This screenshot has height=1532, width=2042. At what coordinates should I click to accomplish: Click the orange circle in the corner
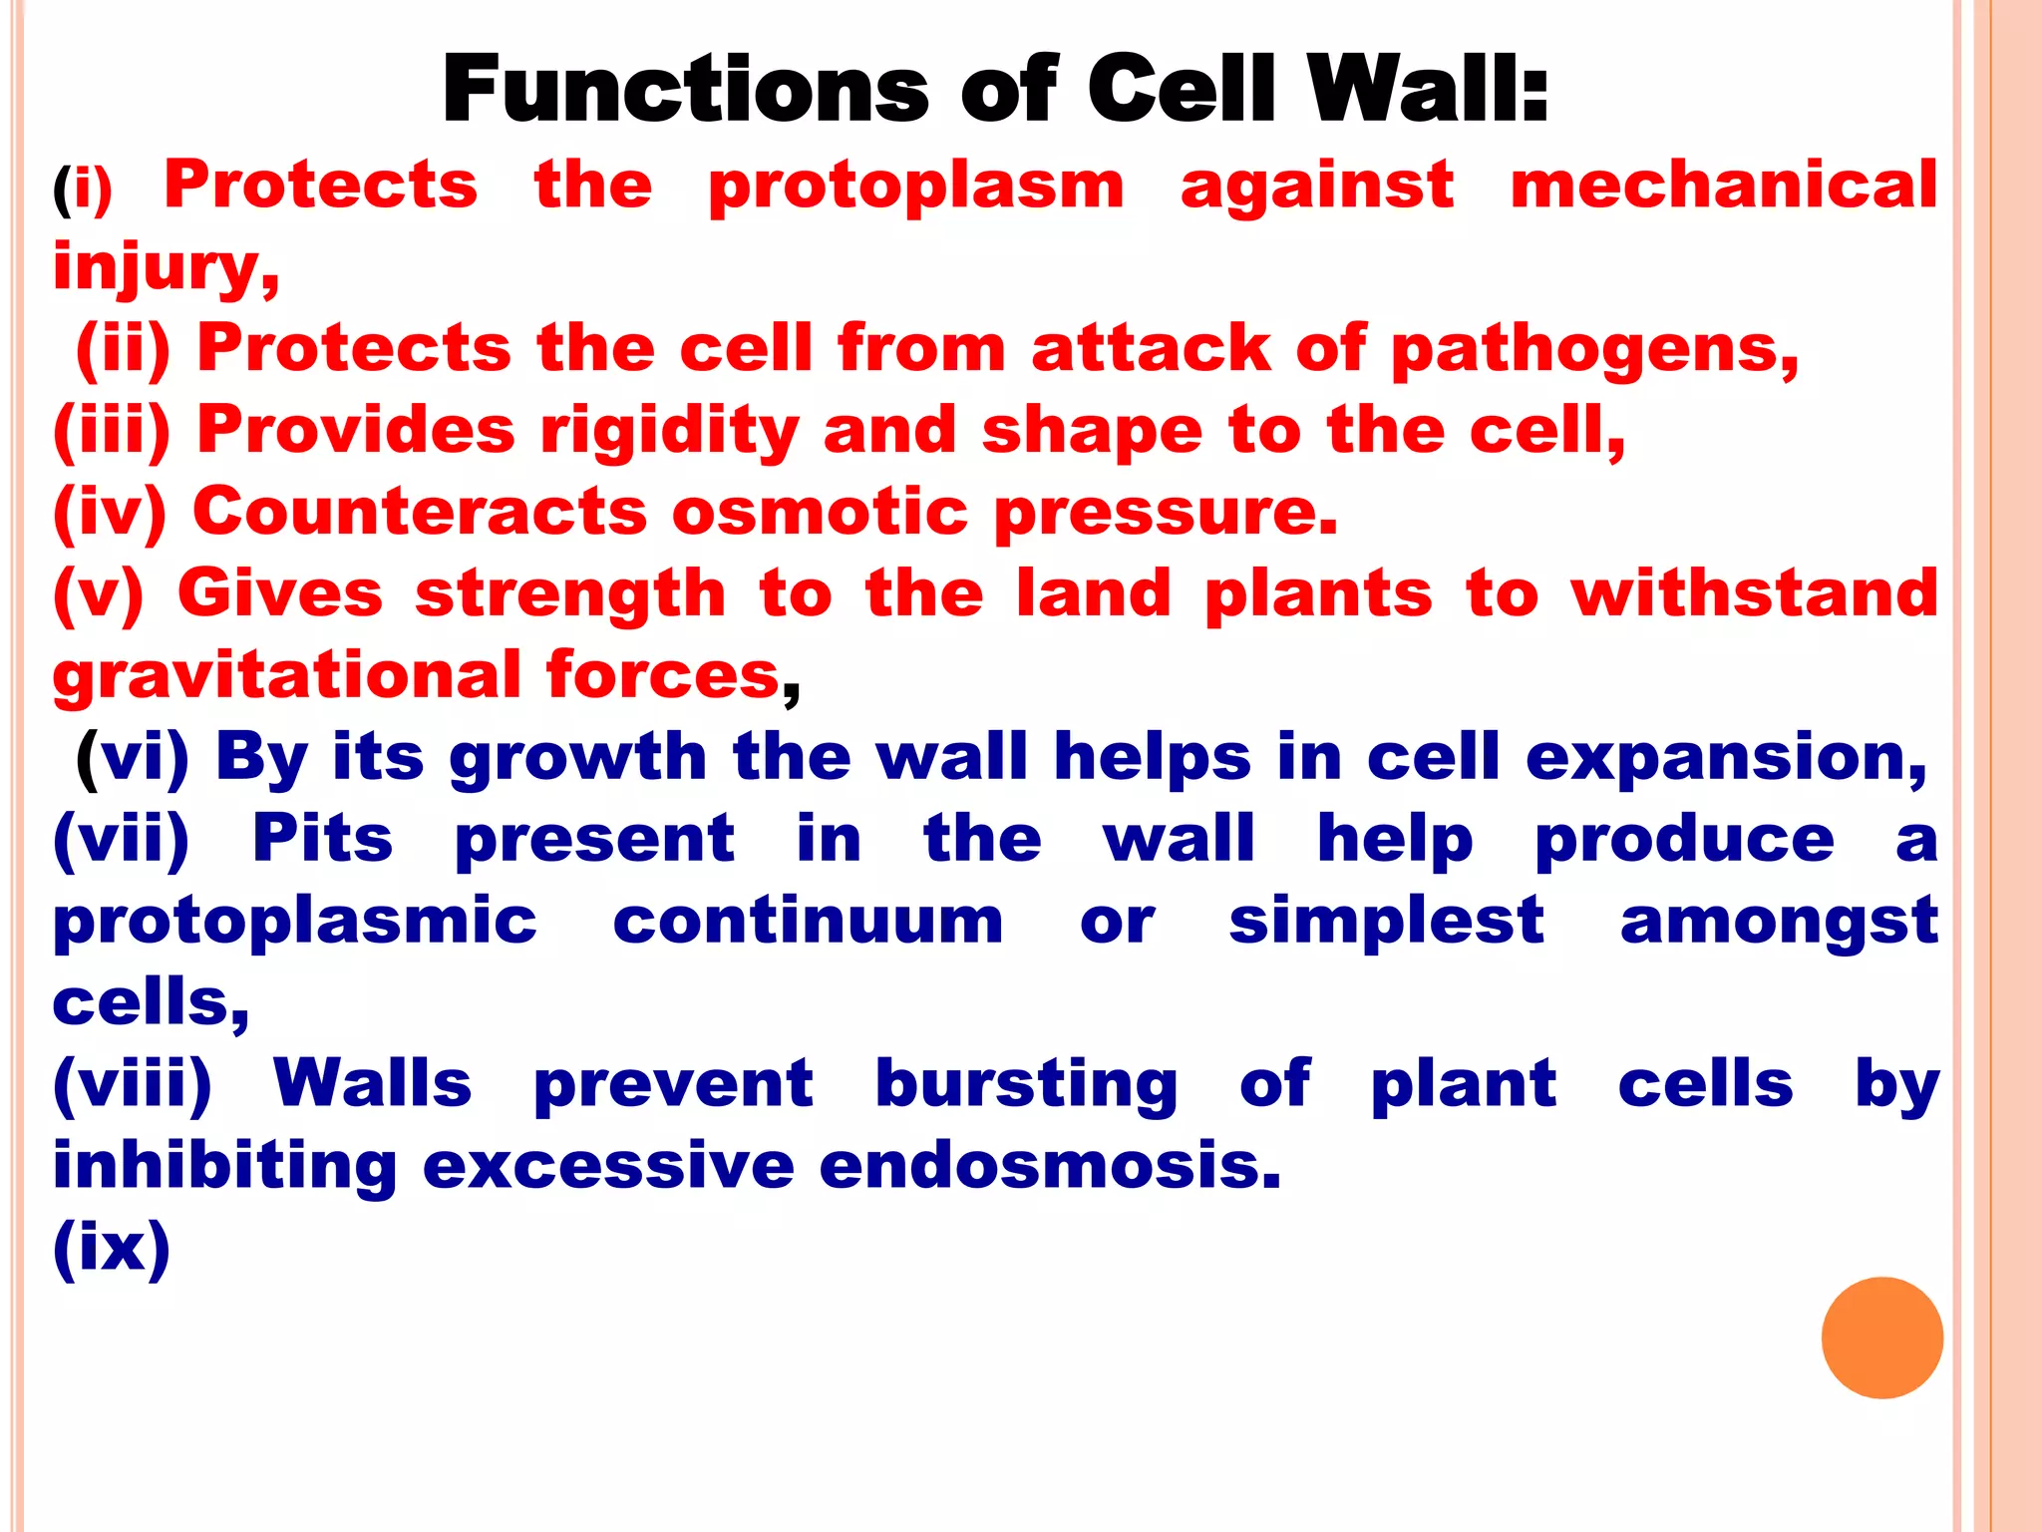[x=1881, y=1338]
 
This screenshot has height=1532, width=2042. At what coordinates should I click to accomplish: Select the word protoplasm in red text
[x=915, y=188]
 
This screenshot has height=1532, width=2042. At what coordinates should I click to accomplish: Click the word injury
[x=165, y=269]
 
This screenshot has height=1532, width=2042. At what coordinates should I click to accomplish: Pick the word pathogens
[x=1594, y=351]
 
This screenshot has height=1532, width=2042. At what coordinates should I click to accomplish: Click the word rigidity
[x=669, y=433]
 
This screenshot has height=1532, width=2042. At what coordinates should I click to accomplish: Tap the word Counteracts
[x=419, y=513]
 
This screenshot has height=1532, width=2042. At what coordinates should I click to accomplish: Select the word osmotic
[x=820, y=513]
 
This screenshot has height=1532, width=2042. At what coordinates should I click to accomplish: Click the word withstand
[x=1755, y=594]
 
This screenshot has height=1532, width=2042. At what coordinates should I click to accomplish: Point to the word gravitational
[x=286, y=676]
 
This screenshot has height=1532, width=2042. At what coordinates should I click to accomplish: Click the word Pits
[x=322, y=839]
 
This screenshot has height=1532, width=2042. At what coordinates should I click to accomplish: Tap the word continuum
[x=808, y=921]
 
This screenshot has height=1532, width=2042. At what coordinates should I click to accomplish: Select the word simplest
[x=1386, y=921]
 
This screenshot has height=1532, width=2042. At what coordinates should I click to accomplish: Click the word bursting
[x=1026, y=1085]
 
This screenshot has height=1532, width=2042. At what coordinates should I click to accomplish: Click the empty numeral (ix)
[x=111, y=1247]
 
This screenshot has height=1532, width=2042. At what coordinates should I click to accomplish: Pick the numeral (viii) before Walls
[x=132, y=1085]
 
